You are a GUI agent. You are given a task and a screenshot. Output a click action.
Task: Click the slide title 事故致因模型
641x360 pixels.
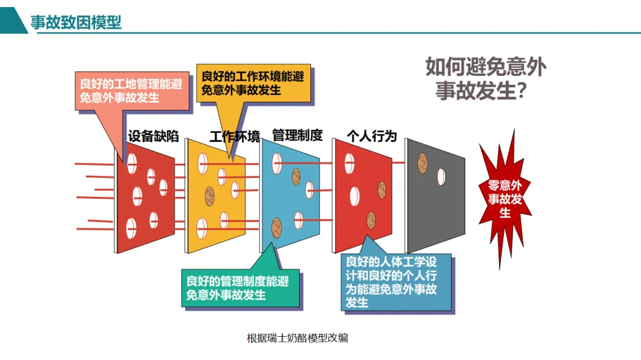pyautogui.click(x=75, y=23)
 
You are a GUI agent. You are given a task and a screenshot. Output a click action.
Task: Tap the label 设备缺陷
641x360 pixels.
pyautogui.click(x=153, y=136)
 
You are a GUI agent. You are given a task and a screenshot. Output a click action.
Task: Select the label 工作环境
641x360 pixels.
pyautogui.click(x=234, y=138)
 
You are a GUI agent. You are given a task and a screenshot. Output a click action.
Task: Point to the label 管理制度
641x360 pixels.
pyautogui.click(x=297, y=135)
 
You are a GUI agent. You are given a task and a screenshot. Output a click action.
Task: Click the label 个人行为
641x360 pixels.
pyautogui.click(x=372, y=136)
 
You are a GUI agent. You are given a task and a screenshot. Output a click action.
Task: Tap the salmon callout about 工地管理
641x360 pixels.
pyautogui.click(x=131, y=90)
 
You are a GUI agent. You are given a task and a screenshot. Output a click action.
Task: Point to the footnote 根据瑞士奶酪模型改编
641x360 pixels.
pyautogui.click(x=297, y=339)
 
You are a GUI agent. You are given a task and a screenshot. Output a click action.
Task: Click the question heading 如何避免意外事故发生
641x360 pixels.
pyautogui.click(x=485, y=78)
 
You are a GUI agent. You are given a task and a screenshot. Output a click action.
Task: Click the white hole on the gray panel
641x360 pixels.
pyautogui.click(x=442, y=176)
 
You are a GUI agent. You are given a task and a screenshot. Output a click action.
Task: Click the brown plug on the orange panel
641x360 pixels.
pyautogui.click(x=210, y=196)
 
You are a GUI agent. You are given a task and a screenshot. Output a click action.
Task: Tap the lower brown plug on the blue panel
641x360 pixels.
pyautogui.click(x=277, y=226)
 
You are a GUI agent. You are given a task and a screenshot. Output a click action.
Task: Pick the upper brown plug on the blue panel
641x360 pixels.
pyautogui.click(x=296, y=176)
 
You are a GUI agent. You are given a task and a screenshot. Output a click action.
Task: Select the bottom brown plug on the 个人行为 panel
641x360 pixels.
pyautogui.click(x=371, y=220)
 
